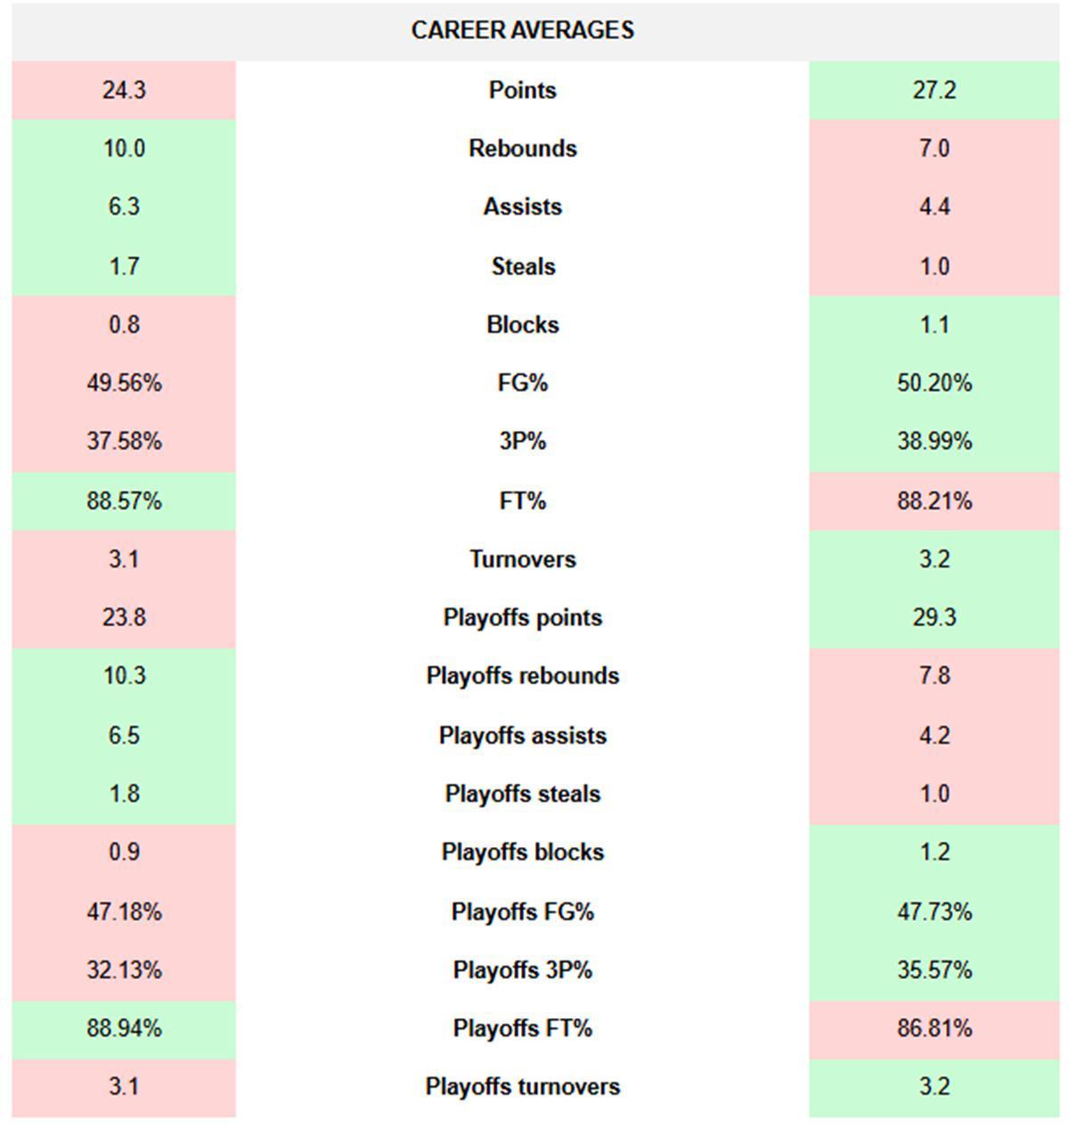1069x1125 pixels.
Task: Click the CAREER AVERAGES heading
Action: pos(523,30)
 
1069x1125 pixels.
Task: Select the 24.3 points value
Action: pos(124,90)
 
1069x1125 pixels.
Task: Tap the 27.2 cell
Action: pos(934,90)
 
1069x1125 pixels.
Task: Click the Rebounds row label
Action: pos(523,148)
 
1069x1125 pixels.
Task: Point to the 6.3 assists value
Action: pos(124,207)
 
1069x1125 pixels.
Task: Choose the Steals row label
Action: pos(523,266)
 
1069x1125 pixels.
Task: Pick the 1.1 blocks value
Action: pos(934,324)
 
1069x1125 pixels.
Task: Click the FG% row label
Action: pos(523,383)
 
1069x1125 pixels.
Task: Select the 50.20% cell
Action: pos(934,383)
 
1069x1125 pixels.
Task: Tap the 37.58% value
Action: pos(124,441)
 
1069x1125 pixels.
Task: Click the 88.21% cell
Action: pos(934,501)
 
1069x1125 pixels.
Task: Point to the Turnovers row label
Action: pos(523,559)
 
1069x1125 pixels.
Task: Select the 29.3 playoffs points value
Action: pos(934,617)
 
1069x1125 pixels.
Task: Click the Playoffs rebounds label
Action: pos(523,675)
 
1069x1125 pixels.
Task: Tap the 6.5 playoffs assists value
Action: pos(124,736)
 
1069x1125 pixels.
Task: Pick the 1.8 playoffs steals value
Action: pos(124,794)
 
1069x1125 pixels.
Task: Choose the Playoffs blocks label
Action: pos(523,852)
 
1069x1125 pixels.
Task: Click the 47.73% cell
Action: pos(934,911)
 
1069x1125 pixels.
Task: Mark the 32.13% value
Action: pos(124,969)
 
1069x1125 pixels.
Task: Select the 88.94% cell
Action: pos(124,1028)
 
